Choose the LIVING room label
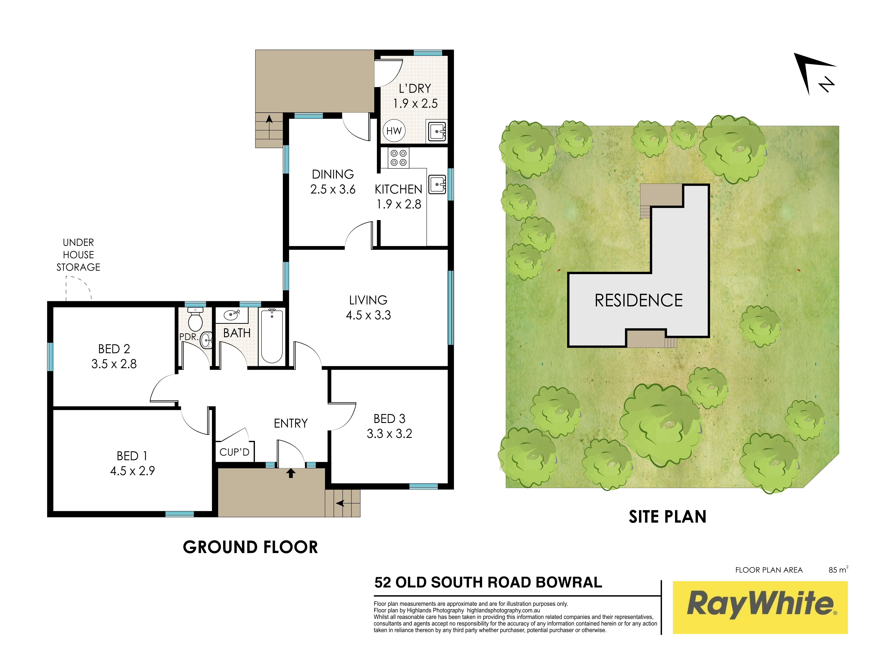coord(368,300)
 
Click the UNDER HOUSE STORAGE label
coord(78,255)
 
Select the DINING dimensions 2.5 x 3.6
coord(333,189)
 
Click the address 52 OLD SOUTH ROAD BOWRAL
coord(488,582)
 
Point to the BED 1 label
coord(132,456)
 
